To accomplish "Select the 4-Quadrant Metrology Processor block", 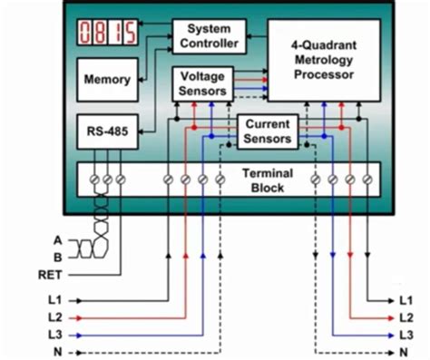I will (323, 59).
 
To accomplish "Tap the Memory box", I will (107, 80).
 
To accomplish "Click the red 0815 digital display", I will (107, 34).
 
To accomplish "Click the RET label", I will (51, 272).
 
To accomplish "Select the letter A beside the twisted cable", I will (58, 239).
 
